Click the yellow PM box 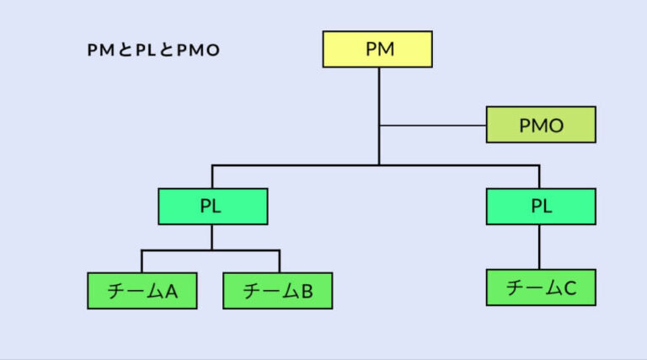377,49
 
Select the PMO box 541,126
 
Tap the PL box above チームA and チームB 212,207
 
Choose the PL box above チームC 540,207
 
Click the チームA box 142,291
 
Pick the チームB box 278,291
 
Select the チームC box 540,287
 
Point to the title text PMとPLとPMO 153,51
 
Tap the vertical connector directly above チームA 142,261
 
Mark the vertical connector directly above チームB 279,261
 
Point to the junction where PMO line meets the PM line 379,126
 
